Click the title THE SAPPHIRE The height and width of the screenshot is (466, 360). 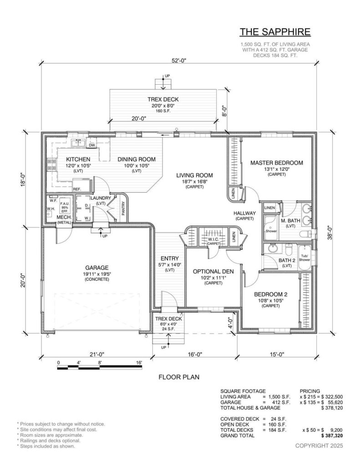(x=275, y=32)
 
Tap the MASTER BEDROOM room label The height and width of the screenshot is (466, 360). (x=276, y=162)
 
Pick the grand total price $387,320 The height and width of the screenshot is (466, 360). (x=332, y=436)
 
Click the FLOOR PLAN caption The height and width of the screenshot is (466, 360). (x=179, y=377)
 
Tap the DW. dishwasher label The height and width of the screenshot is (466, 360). (x=91, y=145)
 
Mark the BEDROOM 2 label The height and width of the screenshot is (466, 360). (x=270, y=295)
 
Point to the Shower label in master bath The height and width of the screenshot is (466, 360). (x=271, y=231)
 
